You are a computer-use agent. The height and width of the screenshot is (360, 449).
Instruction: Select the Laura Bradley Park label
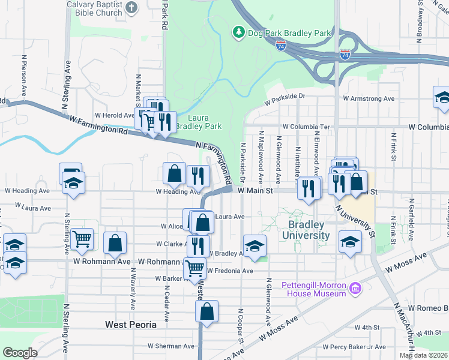[205, 122]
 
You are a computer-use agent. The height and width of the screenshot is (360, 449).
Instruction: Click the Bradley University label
[309, 230]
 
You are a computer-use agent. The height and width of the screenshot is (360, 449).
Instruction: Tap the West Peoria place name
[131, 325]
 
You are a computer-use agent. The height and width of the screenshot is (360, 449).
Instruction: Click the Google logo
[20, 353]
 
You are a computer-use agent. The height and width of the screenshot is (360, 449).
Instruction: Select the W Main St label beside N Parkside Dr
[255, 191]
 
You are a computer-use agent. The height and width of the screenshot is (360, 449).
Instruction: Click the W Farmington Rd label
[99, 125]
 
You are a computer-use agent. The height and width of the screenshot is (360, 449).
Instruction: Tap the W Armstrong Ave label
[369, 98]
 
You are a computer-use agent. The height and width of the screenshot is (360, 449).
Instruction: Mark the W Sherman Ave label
[171, 346]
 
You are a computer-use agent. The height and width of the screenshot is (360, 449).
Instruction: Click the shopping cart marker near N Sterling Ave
[82, 239]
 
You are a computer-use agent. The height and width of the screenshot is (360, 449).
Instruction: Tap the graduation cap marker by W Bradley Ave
[255, 245]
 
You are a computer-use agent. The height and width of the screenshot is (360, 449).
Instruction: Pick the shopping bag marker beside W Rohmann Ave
[115, 243]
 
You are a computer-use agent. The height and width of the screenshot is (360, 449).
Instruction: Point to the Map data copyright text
[424, 355]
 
